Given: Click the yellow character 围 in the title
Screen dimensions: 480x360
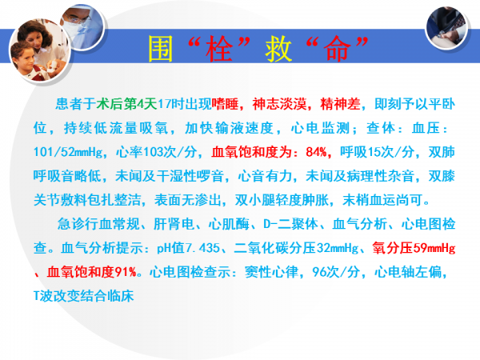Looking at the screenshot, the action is coord(161,49).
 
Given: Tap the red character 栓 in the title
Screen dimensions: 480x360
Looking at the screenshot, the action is coord(219,49).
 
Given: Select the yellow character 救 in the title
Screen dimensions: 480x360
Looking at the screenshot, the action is coord(278,49).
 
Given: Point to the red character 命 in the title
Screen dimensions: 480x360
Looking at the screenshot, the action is coord(337,49).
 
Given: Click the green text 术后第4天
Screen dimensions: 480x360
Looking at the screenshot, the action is coord(126,104).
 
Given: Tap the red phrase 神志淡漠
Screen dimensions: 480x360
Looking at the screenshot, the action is coord(279,104).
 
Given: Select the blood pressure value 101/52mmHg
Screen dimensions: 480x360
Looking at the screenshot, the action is coord(68,152).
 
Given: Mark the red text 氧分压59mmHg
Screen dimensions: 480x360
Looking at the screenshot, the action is coord(414,248).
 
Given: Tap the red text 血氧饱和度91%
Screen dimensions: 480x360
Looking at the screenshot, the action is coord(91,272).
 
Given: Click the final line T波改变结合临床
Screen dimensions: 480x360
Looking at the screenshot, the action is coord(83,296).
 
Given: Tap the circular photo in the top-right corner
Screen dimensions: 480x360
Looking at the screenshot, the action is coord(446,27).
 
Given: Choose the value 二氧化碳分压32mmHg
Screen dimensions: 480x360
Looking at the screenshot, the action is coord(296,248).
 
